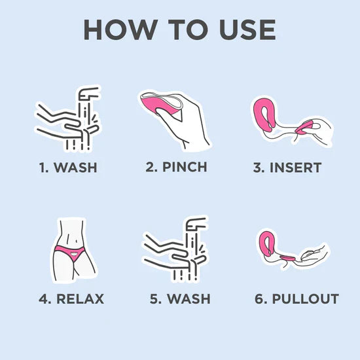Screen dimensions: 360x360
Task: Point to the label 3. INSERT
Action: [x=287, y=167]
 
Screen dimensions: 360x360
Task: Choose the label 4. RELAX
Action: [x=71, y=299]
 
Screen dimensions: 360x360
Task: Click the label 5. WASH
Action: [x=180, y=299]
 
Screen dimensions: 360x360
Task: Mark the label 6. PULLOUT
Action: [x=297, y=299]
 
